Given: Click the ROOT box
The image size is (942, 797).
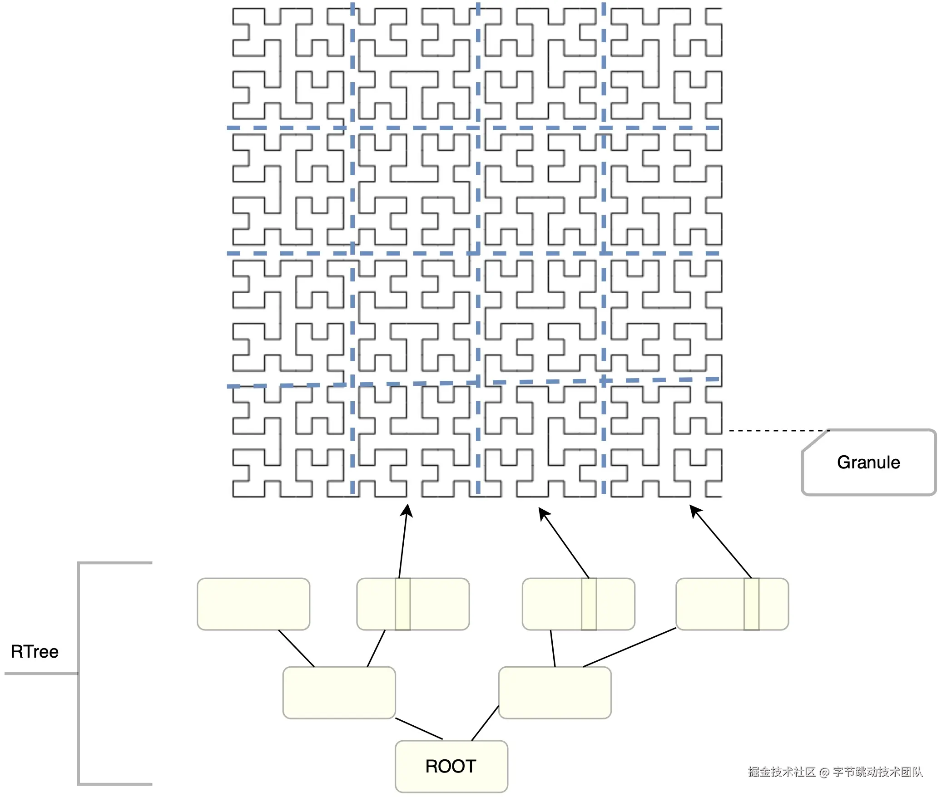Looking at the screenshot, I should click(x=451, y=767).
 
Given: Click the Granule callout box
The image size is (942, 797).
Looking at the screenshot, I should click(x=868, y=462).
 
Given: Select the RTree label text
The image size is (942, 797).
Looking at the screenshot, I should click(x=35, y=652).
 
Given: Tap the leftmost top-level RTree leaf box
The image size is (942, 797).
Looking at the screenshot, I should click(x=253, y=604).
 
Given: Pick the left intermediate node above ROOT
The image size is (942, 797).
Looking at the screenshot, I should click(x=339, y=693).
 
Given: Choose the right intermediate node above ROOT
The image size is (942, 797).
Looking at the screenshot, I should click(x=555, y=693).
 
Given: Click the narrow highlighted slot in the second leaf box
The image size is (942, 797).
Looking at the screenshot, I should click(x=402, y=604).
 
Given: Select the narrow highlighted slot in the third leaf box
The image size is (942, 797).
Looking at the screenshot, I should click(x=589, y=604).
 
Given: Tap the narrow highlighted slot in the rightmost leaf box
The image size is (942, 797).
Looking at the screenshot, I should click(x=751, y=604).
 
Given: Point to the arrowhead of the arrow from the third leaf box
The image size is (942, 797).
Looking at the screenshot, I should click(x=543, y=513).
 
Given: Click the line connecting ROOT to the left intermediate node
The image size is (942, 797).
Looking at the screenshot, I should click(x=419, y=728).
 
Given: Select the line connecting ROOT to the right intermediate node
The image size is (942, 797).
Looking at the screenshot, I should click(x=485, y=723).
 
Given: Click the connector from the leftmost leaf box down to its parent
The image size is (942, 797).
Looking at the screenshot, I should click(x=296, y=648).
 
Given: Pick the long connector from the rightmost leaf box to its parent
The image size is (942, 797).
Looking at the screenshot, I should click(x=630, y=647).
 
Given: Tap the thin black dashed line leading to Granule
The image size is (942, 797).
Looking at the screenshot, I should click(x=777, y=430).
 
